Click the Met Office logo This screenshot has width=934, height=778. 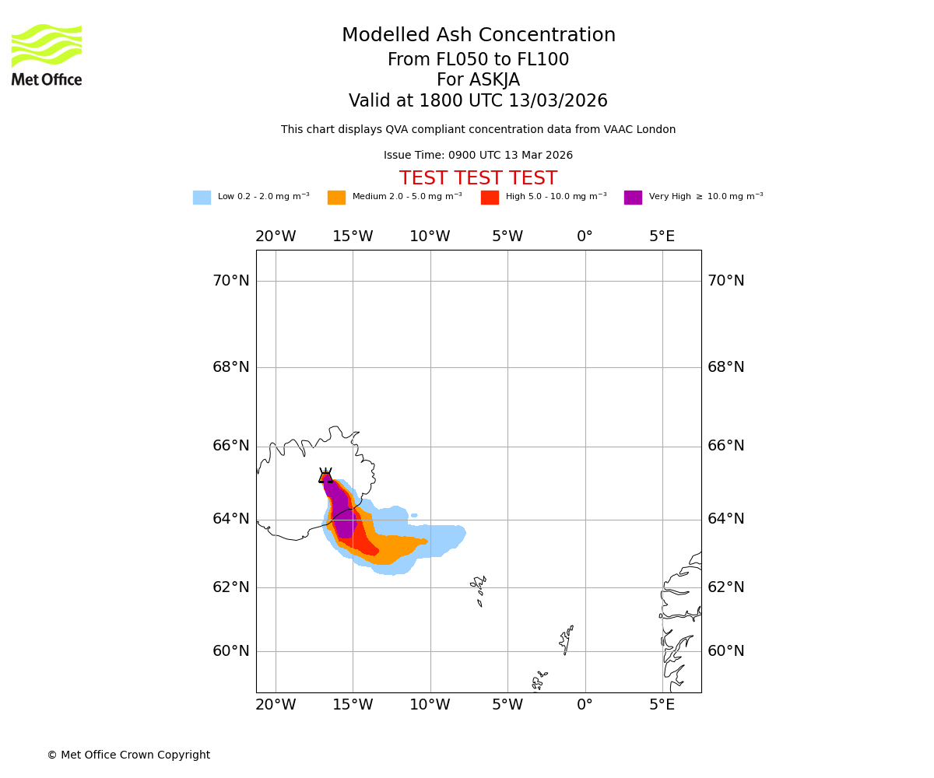click(47, 55)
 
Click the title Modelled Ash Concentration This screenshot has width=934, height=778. click(479, 36)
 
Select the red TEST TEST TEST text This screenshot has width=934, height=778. click(478, 179)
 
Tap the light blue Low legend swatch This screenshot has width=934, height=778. click(202, 198)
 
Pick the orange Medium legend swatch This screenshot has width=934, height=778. click(336, 198)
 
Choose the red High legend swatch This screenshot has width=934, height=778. click(490, 198)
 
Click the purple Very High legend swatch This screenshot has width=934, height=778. click(633, 198)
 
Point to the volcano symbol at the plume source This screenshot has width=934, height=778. click(325, 476)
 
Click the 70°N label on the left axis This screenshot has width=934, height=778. click(231, 281)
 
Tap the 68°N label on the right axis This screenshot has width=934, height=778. click(726, 367)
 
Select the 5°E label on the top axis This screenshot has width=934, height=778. click(662, 237)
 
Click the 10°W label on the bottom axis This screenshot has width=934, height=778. click(430, 705)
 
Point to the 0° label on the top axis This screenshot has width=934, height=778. click(585, 237)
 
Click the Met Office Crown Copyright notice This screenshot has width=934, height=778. click(128, 755)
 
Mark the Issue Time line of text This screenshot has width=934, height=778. click(478, 156)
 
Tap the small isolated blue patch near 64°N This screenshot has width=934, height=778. click(414, 515)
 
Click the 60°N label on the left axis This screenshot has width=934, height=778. click(231, 651)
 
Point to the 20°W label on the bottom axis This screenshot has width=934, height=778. click(276, 705)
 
